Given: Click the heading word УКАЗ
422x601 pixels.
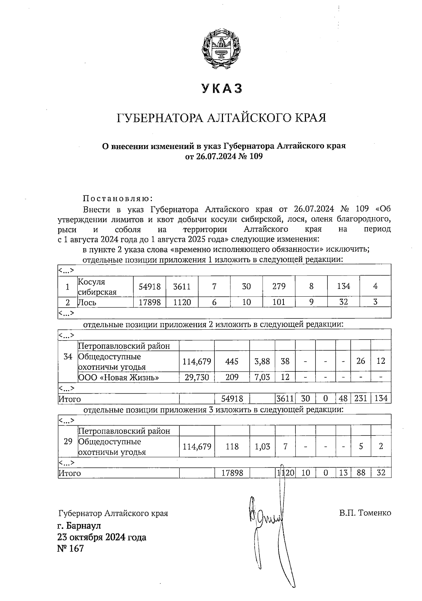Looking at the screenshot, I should point(222,89).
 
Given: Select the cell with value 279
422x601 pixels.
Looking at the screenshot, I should point(279,286).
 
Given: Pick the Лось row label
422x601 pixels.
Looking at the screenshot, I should point(87,302).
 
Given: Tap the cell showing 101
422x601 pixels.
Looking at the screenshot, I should point(279,302).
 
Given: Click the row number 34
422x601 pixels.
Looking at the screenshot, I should point(68,357).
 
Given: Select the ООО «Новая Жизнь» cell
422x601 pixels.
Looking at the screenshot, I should point(118,377).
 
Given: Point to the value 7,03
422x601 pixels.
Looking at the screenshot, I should point(262,377).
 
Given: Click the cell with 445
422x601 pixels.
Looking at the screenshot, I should point(232,361).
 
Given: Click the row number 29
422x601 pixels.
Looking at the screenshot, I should point(68,441).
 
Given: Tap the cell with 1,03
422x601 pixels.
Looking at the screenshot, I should point(262,447).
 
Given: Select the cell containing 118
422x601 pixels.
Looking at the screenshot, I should point(232,447).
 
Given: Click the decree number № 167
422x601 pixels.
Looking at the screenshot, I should point(71,548).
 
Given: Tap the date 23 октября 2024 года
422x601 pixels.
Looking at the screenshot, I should point(102,537).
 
